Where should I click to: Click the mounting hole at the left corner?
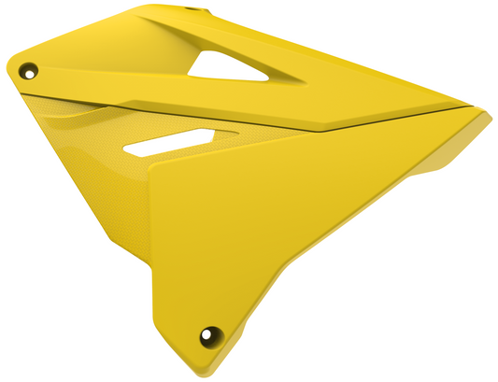coord(30,70)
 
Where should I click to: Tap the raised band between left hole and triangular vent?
coord(112,75)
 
